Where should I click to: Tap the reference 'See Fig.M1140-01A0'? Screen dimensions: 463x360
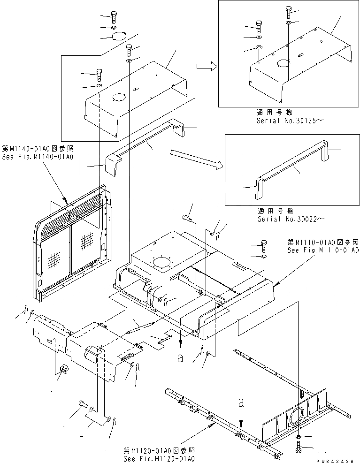click(x=40, y=157)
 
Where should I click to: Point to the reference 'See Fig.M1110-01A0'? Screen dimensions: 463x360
click(x=323, y=250)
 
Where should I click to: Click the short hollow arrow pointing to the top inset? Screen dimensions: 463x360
click(x=206, y=67)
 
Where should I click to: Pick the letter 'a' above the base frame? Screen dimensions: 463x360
click(x=241, y=403)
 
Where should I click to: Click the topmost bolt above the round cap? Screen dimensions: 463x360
click(x=115, y=17)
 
